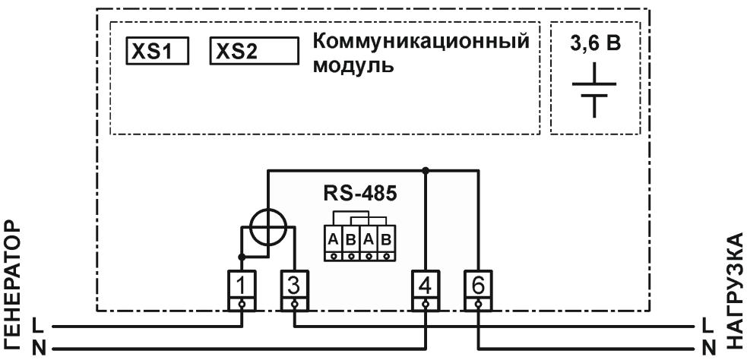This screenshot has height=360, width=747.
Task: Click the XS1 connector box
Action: tap(157, 51)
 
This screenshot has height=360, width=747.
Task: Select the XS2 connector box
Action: tap(252, 51)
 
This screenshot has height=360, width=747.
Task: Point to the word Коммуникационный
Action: tap(420, 41)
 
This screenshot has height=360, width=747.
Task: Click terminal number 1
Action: tap(242, 286)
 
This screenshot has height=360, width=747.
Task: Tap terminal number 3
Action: tap(293, 286)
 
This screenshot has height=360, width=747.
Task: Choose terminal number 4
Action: tap(425, 286)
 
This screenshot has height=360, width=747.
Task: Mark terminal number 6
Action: tap(477, 286)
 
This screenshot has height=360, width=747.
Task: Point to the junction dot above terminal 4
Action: tap(426, 170)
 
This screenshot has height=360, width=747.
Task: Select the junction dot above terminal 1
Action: tap(242, 257)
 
